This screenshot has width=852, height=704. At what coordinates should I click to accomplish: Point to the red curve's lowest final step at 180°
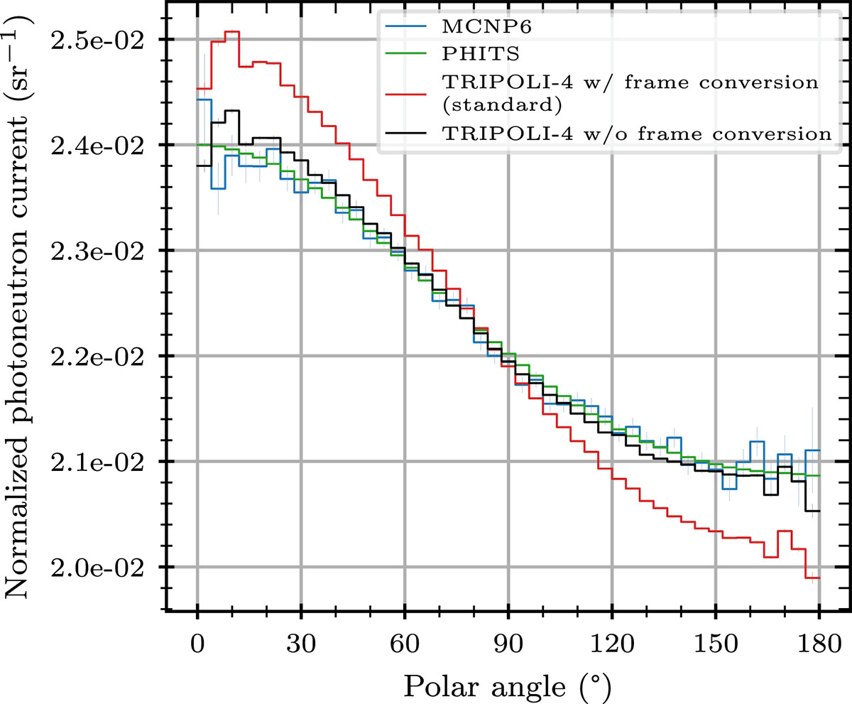[814, 578]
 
